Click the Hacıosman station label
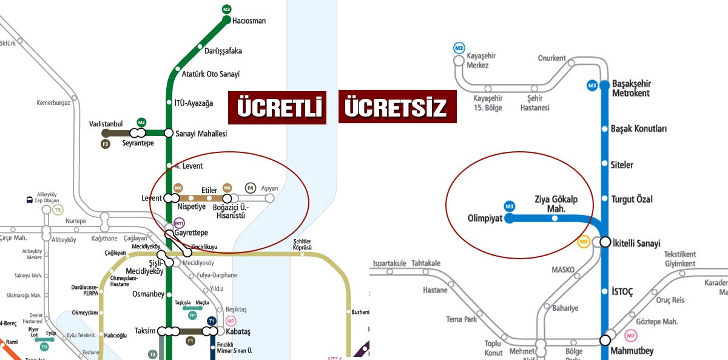(249, 21)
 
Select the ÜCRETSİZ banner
(397, 107)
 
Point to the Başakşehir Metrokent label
(631, 89)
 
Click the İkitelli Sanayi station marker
(605, 242)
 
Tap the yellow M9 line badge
(584, 242)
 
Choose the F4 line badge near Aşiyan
(251, 188)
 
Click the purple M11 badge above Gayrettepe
(178, 223)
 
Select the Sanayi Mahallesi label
(201, 134)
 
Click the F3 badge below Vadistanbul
(106, 144)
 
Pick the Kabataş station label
(238, 331)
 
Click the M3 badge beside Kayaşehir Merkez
(459, 48)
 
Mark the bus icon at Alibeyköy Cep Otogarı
(30, 200)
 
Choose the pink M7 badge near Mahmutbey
(631, 335)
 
